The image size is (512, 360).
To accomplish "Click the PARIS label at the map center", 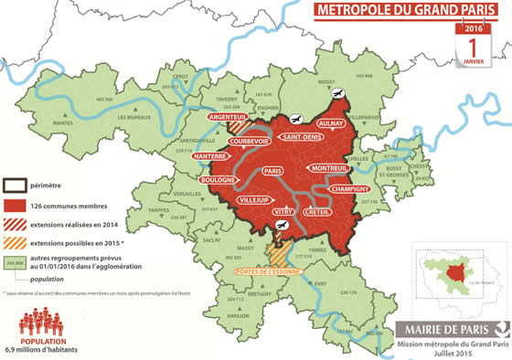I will click(x=271, y=171).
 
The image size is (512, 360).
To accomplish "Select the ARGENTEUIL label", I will click(x=229, y=118).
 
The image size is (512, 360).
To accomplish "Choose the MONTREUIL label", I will click(x=330, y=169).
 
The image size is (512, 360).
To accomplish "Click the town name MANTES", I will click(x=63, y=122).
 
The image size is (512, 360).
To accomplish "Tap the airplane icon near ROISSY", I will click(x=337, y=94).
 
